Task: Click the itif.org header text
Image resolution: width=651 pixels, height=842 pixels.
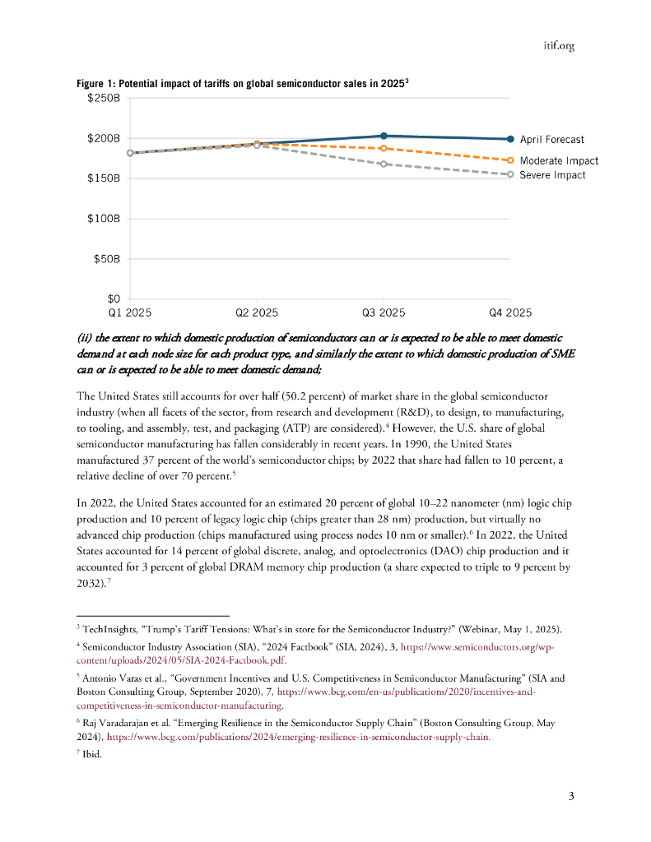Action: pos(559,46)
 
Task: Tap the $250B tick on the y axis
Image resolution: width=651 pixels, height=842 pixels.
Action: pos(105,99)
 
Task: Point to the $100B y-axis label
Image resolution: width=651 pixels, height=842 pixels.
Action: pos(105,219)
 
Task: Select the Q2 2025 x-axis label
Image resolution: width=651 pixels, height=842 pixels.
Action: pos(257,312)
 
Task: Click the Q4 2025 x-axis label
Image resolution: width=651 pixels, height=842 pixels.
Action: pos(510,312)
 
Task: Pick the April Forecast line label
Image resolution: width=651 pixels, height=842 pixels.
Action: pos(551,140)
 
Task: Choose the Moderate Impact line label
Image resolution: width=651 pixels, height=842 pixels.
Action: pos(559,161)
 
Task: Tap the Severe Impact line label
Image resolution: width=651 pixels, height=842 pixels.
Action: pos(552,175)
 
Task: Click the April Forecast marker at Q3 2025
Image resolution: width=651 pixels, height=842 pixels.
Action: pos(384,136)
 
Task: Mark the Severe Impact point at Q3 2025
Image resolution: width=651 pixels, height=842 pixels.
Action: pos(384,164)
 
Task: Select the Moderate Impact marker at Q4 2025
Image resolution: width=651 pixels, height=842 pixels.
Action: pos(510,160)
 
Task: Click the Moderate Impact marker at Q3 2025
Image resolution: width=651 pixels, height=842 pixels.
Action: pos(384,148)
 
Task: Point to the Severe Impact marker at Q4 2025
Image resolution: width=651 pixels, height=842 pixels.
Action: pos(510,174)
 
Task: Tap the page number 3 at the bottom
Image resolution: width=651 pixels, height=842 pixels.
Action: pos(570,796)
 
